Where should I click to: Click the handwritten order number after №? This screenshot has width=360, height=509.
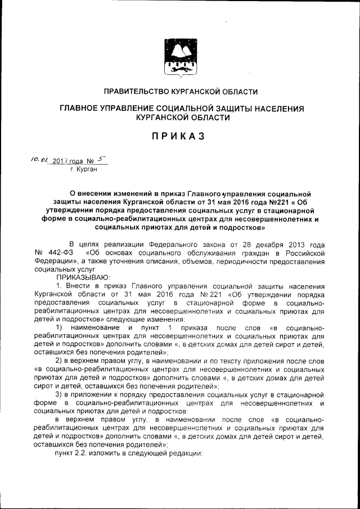[x=102, y=160]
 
